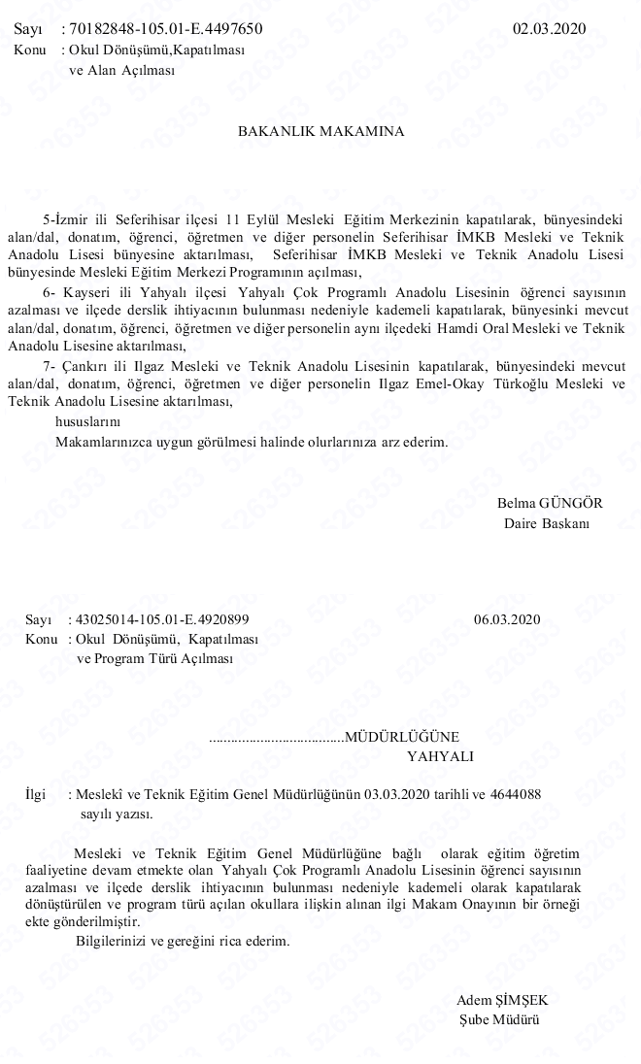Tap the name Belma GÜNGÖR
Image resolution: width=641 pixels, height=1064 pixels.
click(550, 503)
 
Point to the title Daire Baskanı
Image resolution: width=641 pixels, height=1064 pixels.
click(547, 523)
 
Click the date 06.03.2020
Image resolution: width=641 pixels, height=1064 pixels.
click(507, 619)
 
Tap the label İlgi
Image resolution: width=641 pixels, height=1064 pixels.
click(35, 794)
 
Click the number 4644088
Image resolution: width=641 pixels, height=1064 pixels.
click(513, 794)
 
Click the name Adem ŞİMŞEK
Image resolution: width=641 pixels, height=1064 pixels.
click(508, 1000)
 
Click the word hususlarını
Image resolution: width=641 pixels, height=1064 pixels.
click(87, 421)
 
